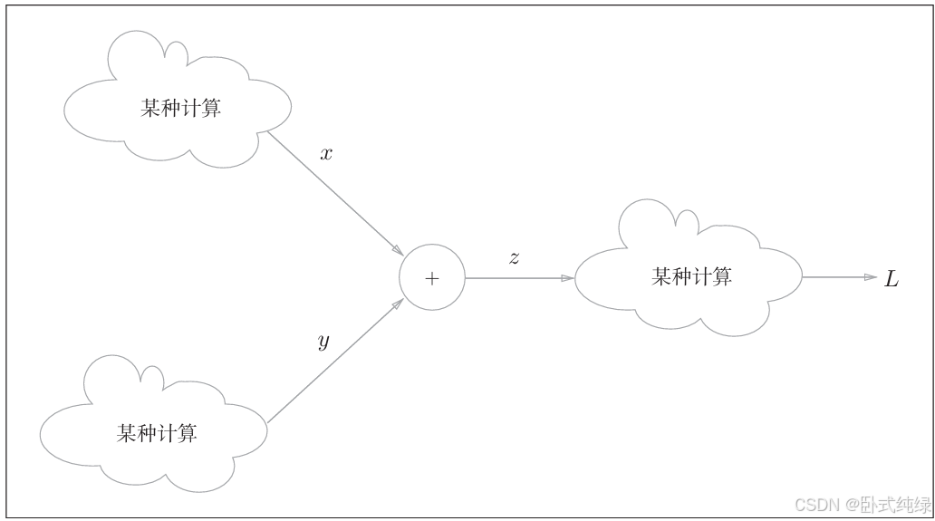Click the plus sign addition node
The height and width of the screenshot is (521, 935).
tap(432, 278)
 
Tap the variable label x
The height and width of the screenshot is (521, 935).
tap(326, 154)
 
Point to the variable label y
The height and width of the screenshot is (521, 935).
tap(323, 343)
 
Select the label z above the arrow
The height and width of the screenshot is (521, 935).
tap(514, 258)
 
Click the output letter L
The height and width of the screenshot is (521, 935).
tap(892, 279)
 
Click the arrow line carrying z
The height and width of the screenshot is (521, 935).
tap(516, 278)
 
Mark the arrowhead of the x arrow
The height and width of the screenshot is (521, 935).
tap(397, 250)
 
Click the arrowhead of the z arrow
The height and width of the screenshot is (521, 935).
tap(567, 278)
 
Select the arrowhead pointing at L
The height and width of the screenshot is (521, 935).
tap(871, 277)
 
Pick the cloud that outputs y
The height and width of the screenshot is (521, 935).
tap(154, 431)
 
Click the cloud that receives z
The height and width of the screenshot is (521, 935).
tap(689, 275)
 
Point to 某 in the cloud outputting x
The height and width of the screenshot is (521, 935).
tap(151, 109)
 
